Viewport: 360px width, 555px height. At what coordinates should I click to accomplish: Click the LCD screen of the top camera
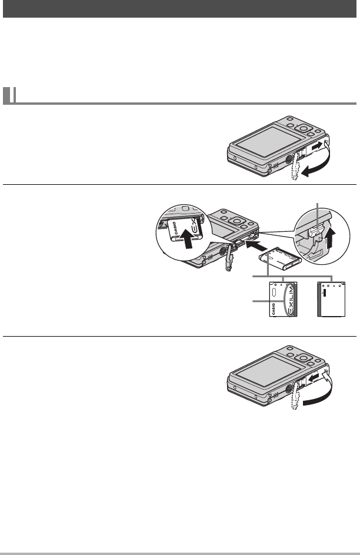(x=261, y=145)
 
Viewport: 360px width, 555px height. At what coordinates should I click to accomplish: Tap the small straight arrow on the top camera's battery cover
(x=316, y=144)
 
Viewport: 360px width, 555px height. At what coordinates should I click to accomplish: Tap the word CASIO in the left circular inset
(x=177, y=230)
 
